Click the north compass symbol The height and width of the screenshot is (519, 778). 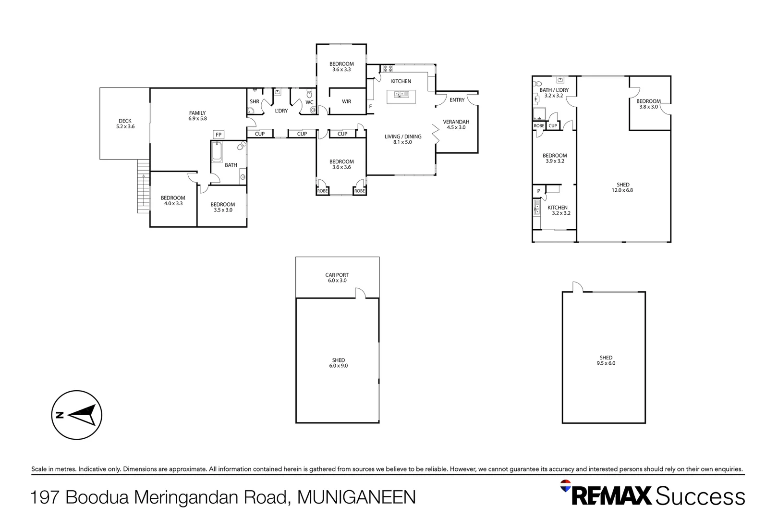point(76,415)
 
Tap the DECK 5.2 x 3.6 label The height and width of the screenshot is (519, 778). point(125,124)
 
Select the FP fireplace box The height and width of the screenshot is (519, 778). point(219,135)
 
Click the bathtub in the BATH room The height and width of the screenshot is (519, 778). point(217,151)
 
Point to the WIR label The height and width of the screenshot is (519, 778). point(346,101)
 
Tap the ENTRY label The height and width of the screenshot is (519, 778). point(457,100)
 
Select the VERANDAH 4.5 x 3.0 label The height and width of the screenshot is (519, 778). point(456,124)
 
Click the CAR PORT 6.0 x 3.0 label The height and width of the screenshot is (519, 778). point(337,278)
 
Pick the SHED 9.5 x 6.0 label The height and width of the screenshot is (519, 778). point(606,360)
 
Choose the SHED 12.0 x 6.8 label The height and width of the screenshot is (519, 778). point(623,187)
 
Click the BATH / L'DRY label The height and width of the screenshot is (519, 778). point(554,93)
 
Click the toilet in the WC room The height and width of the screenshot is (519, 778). point(309,94)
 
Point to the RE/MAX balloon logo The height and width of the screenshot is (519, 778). point(566,485)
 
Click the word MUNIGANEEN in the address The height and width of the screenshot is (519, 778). point(356,497)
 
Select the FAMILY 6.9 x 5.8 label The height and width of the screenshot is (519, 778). point(197,116)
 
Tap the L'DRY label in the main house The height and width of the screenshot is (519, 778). point(281,111)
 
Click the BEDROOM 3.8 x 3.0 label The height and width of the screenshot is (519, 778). point(648,104)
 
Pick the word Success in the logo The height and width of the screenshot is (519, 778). point(700,496)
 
